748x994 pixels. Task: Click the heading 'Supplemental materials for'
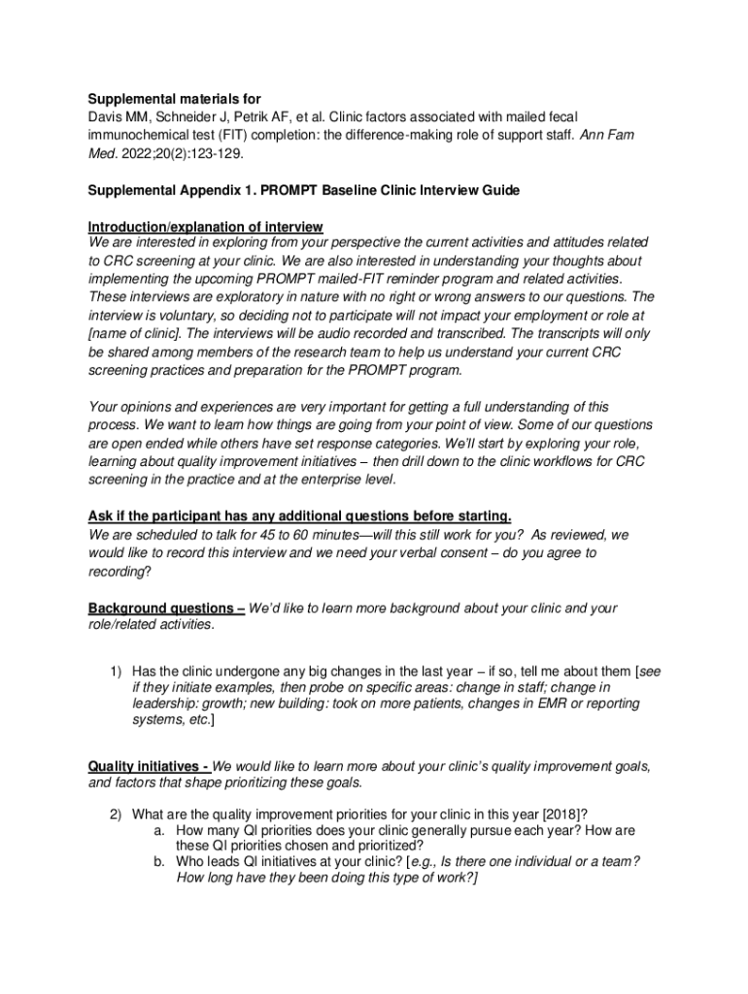pos(175,99)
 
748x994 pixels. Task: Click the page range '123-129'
pos(212,153)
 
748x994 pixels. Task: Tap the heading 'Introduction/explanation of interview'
pos(205,227)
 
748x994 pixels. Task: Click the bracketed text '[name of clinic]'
pos(132,334)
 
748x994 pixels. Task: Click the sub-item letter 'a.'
pos(159,831)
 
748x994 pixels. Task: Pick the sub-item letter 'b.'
pos(159,862)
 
